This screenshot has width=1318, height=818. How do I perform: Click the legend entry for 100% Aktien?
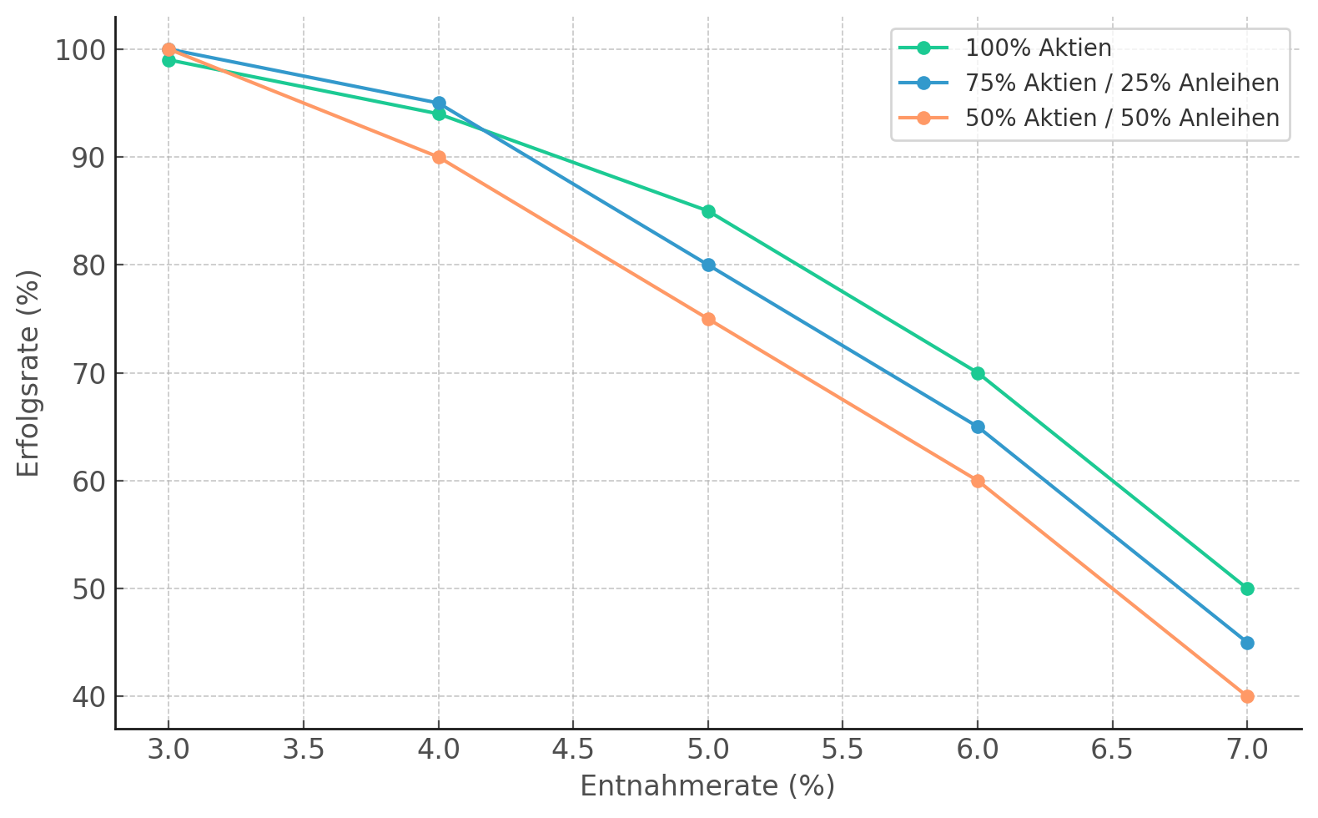[1038, 48]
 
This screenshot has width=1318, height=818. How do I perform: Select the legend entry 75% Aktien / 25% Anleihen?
[1121, 83]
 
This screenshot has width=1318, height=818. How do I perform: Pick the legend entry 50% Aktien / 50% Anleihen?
[1121, 119]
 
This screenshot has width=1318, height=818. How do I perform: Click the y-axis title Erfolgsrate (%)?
[28, 373]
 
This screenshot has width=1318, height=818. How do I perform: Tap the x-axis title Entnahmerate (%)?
[707, 786]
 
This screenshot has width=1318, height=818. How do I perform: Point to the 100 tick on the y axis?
[80, 50]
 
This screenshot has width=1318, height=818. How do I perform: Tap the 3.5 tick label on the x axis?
[303, 750]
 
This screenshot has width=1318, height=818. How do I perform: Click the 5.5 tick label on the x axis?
[843, 750]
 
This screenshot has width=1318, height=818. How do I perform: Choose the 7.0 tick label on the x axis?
[1247, 750]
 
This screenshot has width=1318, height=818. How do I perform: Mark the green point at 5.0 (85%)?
[708, 211]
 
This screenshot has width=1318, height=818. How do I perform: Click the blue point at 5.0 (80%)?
[708, 265]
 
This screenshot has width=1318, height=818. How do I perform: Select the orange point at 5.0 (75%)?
[708, 319]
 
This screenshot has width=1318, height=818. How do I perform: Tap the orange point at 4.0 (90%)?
[439, 157]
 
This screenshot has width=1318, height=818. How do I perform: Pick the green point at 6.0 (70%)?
[978, 373]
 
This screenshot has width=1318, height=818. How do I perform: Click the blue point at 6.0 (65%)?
[978, 427]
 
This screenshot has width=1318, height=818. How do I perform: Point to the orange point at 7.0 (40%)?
[1247, 696]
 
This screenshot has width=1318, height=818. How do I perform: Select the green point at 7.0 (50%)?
[1247, 588]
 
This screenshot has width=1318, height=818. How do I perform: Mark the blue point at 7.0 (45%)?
[1247, 643]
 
